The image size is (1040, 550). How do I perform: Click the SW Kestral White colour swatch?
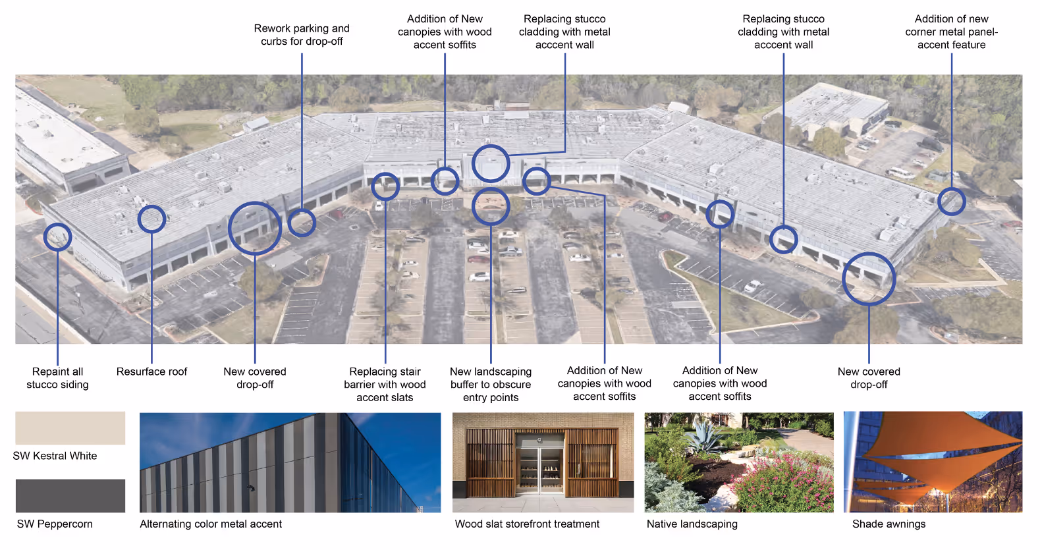click(x=70, y=428)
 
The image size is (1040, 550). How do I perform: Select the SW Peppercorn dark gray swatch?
click(x=70, y=495)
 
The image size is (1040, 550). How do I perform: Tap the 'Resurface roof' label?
click(x=151, y=371)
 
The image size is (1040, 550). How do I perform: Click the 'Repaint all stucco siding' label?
click(x=57, y=378)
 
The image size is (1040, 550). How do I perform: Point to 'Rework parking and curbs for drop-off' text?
click(x=302, y=35)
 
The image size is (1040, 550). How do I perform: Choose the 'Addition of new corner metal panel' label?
click(x=951, y=32)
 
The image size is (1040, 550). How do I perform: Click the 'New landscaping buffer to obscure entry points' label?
click(x=491, y=385)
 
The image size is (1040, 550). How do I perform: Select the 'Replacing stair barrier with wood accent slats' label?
click(x=385, y=385)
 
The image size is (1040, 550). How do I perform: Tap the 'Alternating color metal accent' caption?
click(x=211, y=524)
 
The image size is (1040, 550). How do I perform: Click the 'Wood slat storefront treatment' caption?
click(x=527, y=524)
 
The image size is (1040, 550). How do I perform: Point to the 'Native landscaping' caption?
click(x=692, y=524)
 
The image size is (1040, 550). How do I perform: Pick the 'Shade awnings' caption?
click(x=889, y=524)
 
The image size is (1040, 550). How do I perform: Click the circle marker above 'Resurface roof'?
click(x=151, y=219)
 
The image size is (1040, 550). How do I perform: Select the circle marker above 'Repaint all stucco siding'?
click(x=57, y=237)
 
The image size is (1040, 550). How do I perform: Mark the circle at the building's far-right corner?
click(x=951, y=202)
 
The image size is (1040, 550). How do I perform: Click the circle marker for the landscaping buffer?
click(x=491, y=207)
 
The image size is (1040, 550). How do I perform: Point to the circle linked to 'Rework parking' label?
click(x=302, y=223)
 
